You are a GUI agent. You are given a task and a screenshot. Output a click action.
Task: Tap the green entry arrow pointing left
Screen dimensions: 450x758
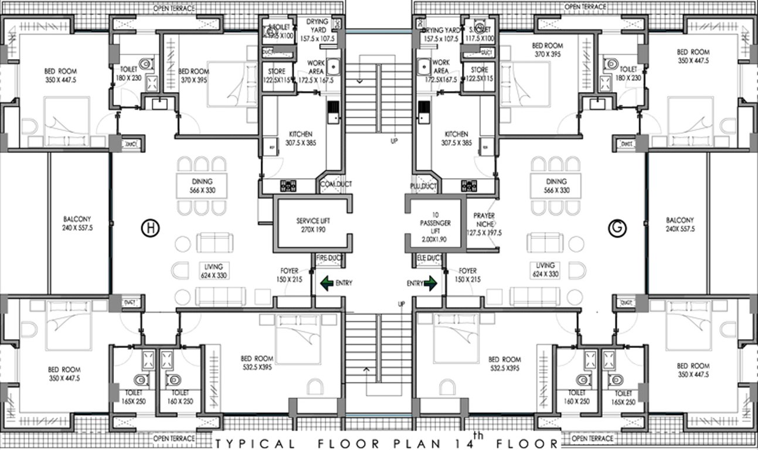pyautogui.click(x=327, y=284)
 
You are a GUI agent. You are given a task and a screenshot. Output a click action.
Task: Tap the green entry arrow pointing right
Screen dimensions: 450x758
pyautogui.click(x=430, y=284)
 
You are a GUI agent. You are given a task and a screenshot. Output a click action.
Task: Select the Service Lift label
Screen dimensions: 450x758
pyautogui.click(x=313, y=226)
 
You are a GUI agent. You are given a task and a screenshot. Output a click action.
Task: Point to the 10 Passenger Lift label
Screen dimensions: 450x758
pyautogui.click(x=434, y=227)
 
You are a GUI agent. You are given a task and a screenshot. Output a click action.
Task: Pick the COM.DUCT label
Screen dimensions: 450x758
pyautogui.click(x=336, y=185)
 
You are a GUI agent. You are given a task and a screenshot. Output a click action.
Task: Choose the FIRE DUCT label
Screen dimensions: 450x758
pyautogui.click(x=329, y=258)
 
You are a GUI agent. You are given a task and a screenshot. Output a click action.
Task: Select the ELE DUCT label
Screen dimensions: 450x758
pyautogui.click(x=429, y=258)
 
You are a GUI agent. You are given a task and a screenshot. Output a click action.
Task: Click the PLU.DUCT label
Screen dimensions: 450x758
pyautogui.click(x=423, y=186)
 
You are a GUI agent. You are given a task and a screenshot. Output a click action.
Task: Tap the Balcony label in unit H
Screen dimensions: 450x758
pyautogui.click(x=78, y=224)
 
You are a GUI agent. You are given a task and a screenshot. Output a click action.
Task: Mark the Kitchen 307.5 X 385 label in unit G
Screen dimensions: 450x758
pyautogui.click(x=456, y=138)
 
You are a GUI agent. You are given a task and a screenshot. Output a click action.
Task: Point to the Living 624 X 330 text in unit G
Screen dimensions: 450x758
pyautogui.click(x=545, y=270)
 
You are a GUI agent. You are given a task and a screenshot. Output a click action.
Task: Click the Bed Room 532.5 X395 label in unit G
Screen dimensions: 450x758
pyautogui.click(x=504, y=364)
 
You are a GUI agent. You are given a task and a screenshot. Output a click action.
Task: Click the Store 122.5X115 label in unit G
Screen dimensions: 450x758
pyautogui.click(x=475, y=75)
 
